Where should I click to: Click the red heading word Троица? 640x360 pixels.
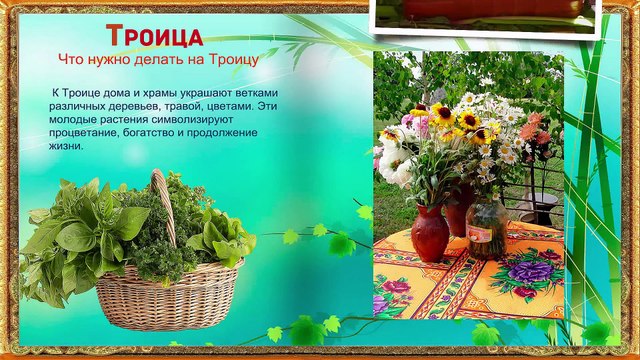pyautogui.click(x=154, y=37)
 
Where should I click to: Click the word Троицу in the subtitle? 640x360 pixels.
pyautogui.click(x=231, y=58)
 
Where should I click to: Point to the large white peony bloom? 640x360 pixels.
pyautogui.click(x=392, y=163)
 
